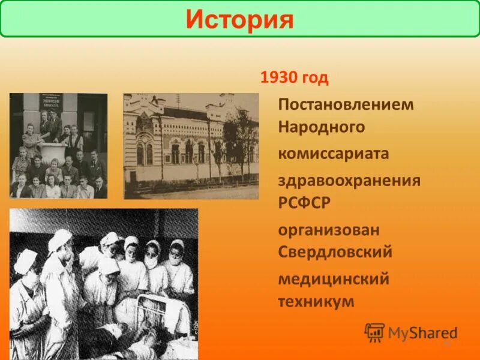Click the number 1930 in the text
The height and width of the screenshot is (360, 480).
click(274, 79)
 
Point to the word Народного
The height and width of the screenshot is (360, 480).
click(322, 127)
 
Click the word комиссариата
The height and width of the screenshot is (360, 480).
click(334, 154)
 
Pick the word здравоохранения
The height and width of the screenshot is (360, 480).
click(349, 181)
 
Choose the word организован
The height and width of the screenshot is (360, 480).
click(329, 230)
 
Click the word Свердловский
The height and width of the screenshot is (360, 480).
click(335, 252)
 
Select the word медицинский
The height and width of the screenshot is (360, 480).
click(334, 279)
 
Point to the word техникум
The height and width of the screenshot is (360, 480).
click(316, 301)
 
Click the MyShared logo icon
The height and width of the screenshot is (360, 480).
click(374, 332)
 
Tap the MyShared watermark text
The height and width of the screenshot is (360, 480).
click(422, 333)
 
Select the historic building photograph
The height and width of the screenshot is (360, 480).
click(191, 146)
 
